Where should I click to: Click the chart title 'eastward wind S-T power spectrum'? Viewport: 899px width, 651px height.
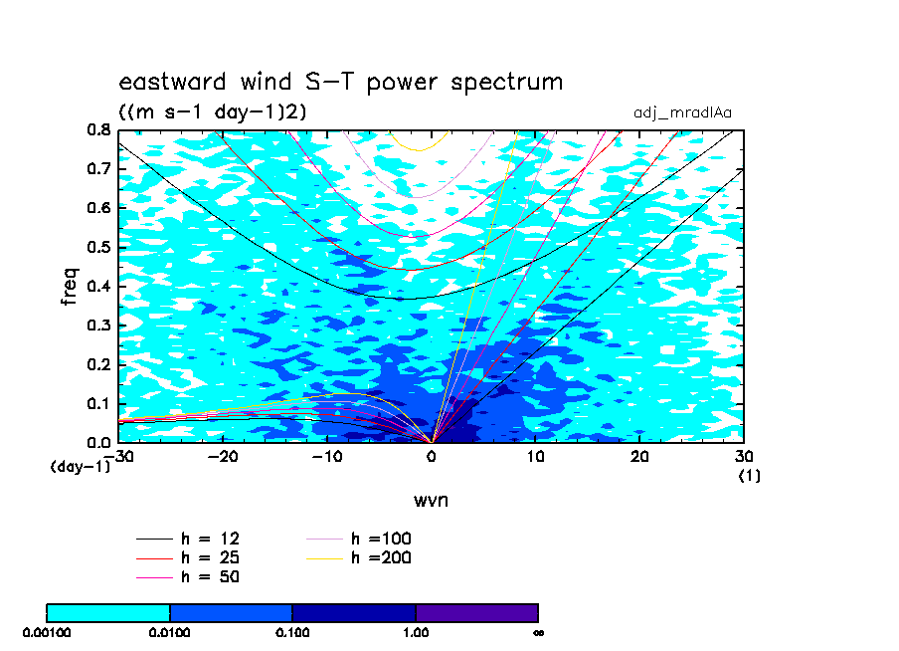click(x=340, y=82)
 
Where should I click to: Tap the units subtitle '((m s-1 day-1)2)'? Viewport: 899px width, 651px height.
click(x=212, y=111)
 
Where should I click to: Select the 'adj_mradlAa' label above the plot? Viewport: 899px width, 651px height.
click(x=682, y=112)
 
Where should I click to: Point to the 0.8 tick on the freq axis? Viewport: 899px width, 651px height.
click(x=98, y=130)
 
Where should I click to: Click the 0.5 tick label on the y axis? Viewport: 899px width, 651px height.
click(x=98, y=248)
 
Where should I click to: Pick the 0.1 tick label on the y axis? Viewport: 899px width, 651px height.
click(x=98, y=403)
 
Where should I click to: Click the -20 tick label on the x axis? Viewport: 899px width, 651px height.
click(x=223, y=457)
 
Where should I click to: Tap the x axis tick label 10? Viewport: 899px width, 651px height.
click(x=535, y=457)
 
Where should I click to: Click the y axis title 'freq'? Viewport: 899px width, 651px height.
click(x=70, y=286)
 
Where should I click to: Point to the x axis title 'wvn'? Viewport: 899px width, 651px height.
click(x=432, y=501)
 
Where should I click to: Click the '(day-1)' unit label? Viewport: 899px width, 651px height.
click(x=81, y=467)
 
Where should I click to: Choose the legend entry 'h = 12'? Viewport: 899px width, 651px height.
click(x=188, y=539)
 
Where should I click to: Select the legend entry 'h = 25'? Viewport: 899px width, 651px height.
click(x=188, y=558)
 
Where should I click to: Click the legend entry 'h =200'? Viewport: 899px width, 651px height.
click(x=359, y=558)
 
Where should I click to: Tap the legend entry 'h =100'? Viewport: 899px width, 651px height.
click(x=359, y=539)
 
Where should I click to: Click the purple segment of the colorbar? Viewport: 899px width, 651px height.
click(x=477, y=613)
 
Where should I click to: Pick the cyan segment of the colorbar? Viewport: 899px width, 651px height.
click(x=108, y=613)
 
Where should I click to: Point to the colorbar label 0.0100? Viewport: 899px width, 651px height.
click(x=170, y=633)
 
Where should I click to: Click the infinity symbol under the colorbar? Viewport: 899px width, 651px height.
click(x=538, y=633)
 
